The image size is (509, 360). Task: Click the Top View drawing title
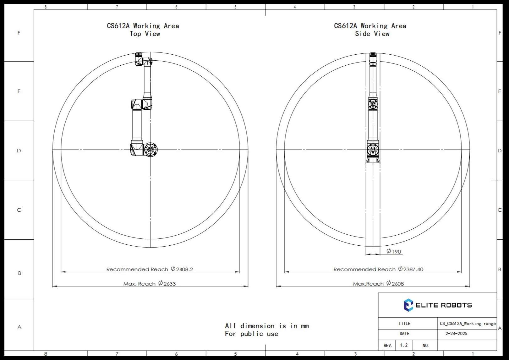point(143,30)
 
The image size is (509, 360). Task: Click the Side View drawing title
point(370,30)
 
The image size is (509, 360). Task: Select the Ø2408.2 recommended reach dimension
point(182,269)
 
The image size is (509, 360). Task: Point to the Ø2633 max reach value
point(167,283)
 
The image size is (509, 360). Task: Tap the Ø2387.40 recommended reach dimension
point(411,269)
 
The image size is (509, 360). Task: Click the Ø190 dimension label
point(394,251)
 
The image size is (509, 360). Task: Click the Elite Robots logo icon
point(408,305)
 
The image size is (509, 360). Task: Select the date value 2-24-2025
point(456,334)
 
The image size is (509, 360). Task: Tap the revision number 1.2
point(404,345)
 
